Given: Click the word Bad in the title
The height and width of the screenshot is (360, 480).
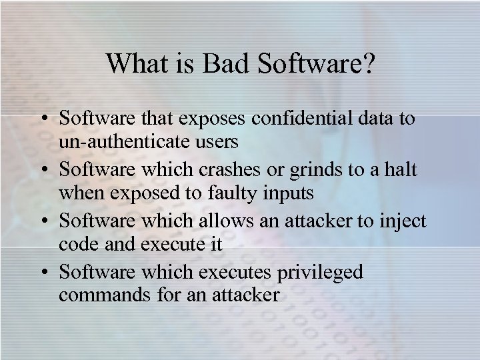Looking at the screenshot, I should pos(225,64).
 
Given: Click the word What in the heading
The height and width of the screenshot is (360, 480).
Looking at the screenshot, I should pos(136,64).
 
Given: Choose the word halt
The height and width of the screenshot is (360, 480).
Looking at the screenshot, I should pos(401,170).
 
